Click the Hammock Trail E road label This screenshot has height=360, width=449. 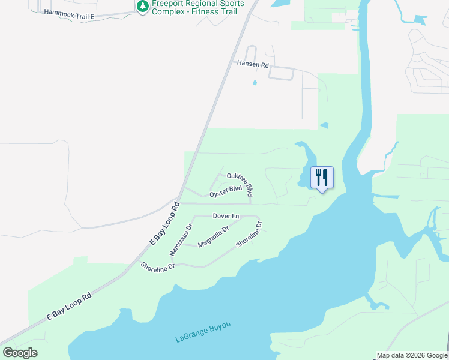70,15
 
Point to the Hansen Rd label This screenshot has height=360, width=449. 252,63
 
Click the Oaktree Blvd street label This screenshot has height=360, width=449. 240,184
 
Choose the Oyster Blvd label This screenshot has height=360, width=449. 226,192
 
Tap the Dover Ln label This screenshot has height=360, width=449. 226,216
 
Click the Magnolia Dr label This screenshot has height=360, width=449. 214,236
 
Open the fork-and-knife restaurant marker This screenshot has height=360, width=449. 322,178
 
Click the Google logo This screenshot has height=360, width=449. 20,353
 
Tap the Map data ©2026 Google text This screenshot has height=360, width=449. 411,355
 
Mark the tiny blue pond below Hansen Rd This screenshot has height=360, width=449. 255,83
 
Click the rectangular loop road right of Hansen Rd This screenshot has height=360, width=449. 280,73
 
